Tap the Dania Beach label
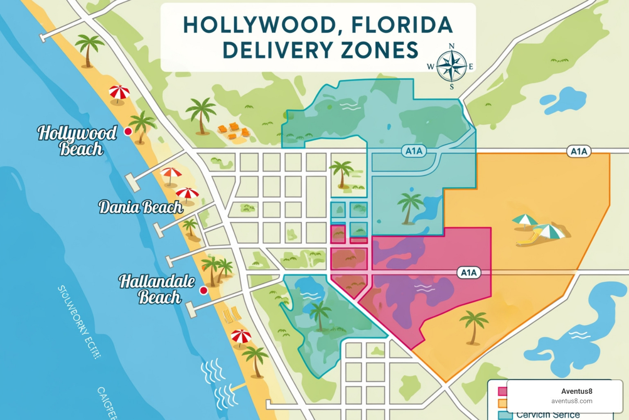click(x=140, y=207)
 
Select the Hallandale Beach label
click(x=157, y=289)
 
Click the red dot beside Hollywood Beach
click(x=128, y=131)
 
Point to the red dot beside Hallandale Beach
click(x=203, y=290)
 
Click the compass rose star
click(x=451, y=66)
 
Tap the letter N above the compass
click(x=451, y=46)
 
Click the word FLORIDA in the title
click(x=402, y=25)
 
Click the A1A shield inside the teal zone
click(x=414, y=151)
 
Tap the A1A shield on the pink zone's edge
click(x=469, y=273)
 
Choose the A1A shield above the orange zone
click(x=579, y=151)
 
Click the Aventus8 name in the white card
click(x=577, y=391)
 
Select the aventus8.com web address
click(x=572, y=401)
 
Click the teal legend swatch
click(x=505, y=415)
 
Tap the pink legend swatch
click(x=502, y=391)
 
